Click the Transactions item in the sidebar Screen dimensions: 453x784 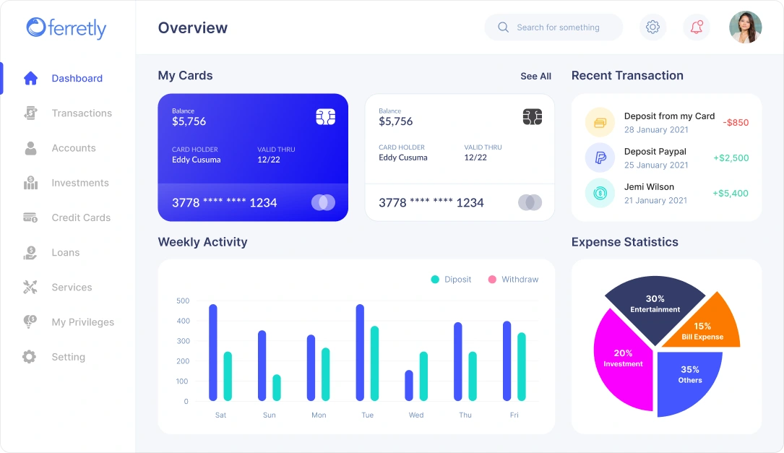click(x=81, y=113)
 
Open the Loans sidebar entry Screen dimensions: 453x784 click(x=65, y=253)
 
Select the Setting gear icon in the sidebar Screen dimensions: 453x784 click(x=29, y=357)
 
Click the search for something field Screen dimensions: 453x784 click(x=557, y=27)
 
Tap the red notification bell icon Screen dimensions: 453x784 click(x=697, y=27)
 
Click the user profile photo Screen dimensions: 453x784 click(x=745, y=27)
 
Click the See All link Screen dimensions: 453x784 click(x=535, y=77)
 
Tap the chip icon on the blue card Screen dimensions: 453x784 click(x=325, y=117)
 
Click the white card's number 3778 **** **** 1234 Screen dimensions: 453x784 click(x=431, y=203)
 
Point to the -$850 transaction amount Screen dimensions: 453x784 click(x=736, y=123)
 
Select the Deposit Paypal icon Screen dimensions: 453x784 click(x=600, y=158)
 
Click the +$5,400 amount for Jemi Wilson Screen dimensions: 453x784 click(x=731, y=194)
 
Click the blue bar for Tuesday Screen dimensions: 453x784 click(x=360, y=352)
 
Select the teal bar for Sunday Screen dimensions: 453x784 click(x=277, y=387)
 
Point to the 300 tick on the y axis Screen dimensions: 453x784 click(x=182, y=341)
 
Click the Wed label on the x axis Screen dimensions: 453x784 click(x=416, y=415)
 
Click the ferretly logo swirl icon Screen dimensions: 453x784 click(x=35, y=27)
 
